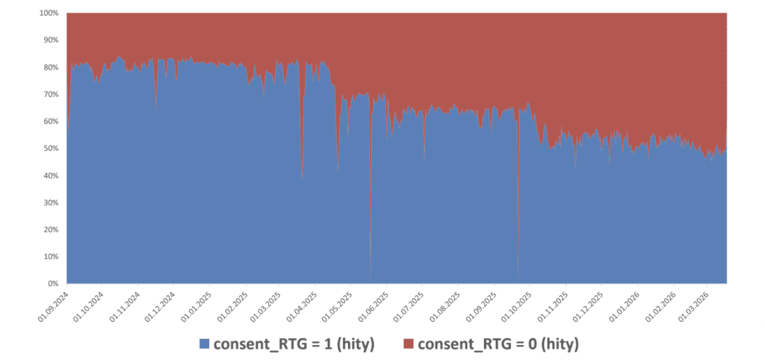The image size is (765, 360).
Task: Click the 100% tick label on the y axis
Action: (49, 13)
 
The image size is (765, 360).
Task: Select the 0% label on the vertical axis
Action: (54, 284)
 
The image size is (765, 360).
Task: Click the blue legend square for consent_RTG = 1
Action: (204, 344)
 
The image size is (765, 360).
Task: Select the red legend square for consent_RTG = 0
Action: (409, 344)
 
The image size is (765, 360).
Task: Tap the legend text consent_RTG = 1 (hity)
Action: (294, 344)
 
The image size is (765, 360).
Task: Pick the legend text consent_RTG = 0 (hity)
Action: (498, 344)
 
